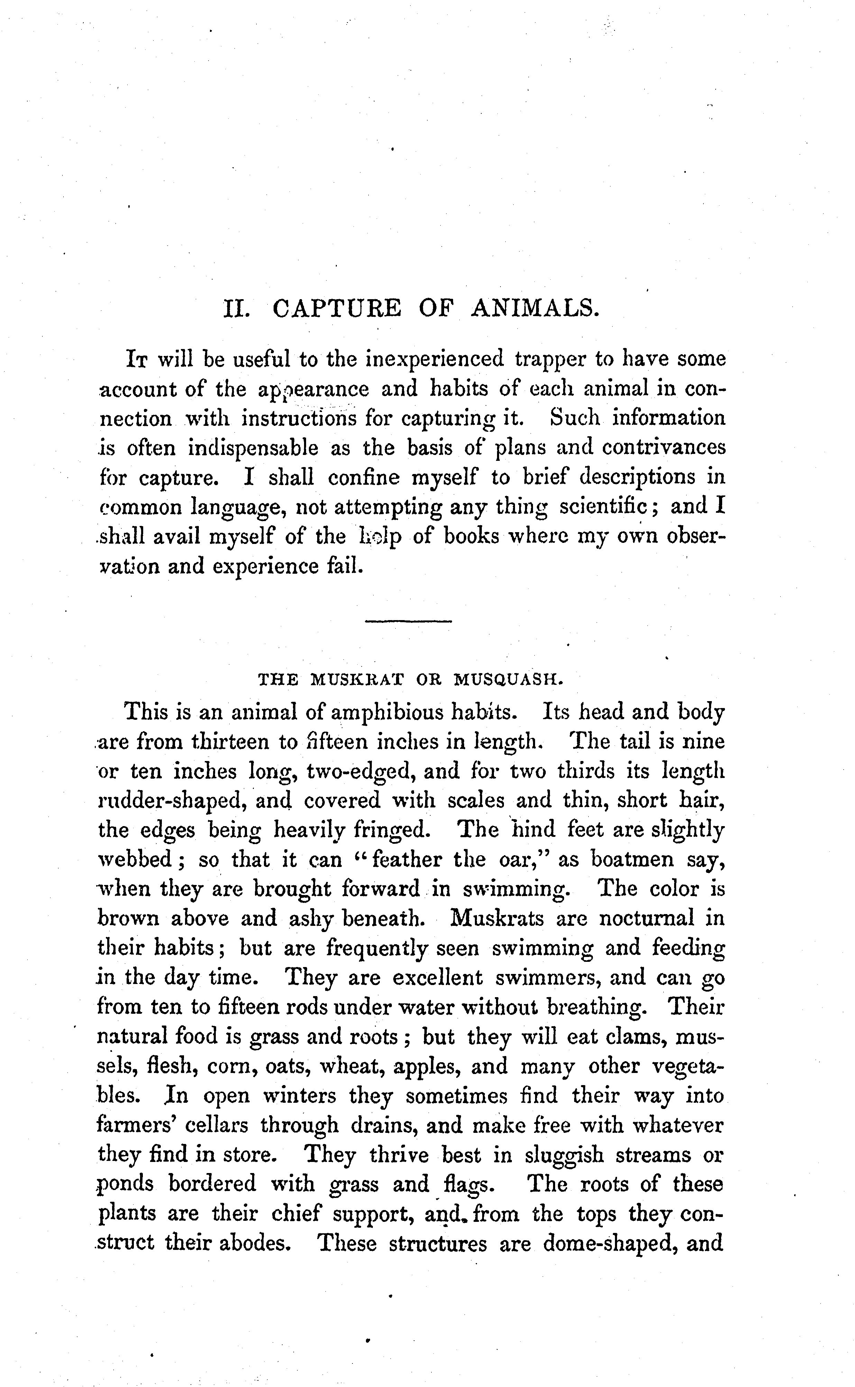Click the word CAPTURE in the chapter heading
(337, 308)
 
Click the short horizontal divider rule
(408, 621)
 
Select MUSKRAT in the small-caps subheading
(357, 679)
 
